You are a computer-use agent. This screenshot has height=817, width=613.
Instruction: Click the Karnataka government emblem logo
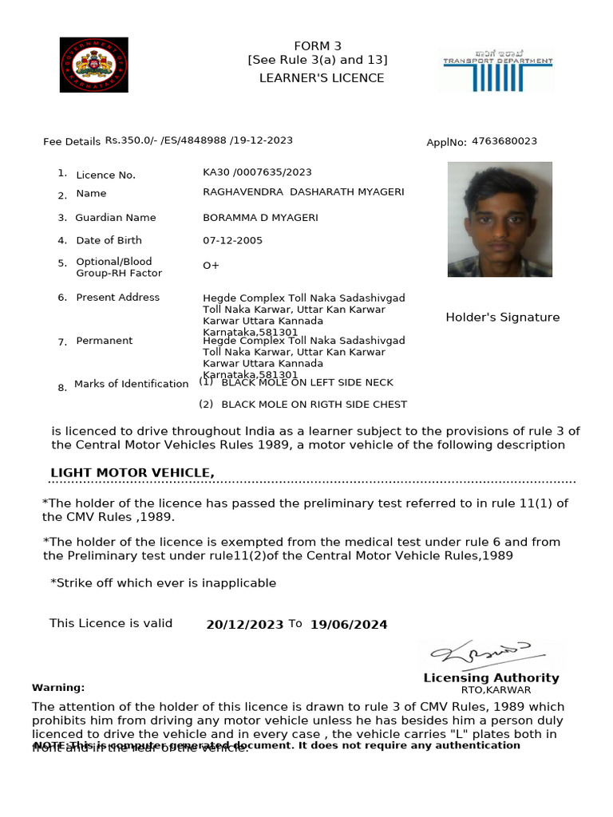point(93,65)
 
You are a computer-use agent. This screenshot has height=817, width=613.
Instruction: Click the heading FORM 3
point(317,46)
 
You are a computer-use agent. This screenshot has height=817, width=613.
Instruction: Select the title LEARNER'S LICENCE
point(322,78)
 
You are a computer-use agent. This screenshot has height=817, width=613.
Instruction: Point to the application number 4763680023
point(504,141)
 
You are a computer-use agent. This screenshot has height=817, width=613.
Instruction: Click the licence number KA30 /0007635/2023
point(257,172)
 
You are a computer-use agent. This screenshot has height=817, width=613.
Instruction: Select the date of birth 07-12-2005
point(232,240)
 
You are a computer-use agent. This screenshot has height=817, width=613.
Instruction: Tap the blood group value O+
point(212,266)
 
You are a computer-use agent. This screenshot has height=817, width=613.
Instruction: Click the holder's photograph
point(500,219)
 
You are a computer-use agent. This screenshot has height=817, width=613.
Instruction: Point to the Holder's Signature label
point(502,318)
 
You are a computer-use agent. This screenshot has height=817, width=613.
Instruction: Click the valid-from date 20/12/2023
point(244,625)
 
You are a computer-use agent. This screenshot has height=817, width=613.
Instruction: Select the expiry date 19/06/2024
point(349,625)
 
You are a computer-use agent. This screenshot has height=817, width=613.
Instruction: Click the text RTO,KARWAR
point(495,690)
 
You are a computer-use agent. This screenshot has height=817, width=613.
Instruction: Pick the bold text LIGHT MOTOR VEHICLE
point(132,473)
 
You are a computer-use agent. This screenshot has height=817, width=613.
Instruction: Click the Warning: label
point(58,688)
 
